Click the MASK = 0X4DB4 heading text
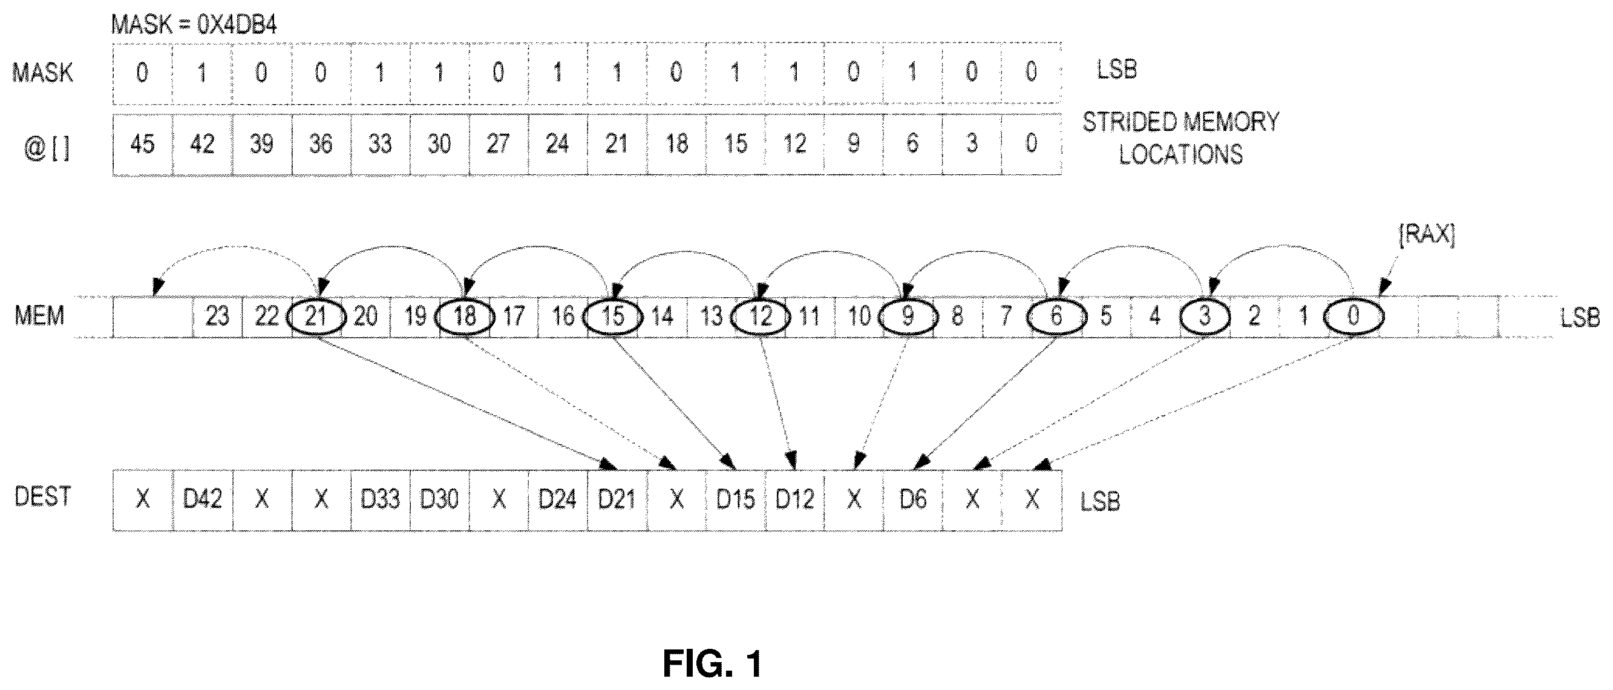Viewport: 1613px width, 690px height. [x=194, y=24]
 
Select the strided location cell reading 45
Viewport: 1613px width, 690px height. [x=143, y=144]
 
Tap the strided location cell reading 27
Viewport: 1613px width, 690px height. [x=499, y=144]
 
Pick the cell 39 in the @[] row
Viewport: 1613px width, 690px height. [x=261, y=144]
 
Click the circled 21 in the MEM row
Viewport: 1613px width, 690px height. [x=316, y=316]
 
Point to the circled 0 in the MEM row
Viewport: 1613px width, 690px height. [x=1353, y=316]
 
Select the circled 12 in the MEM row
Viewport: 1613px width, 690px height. [x=760, y=316]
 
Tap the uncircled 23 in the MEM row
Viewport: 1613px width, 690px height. [x=217, y=316]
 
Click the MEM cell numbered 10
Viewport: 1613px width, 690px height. [x=859, y=316]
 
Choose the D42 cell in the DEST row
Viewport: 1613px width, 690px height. [x=202, y=499]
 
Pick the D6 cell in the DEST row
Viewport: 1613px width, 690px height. [x=913, y=499]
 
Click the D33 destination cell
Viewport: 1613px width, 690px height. [x=380, y=499]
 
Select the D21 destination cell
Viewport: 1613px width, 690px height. [x=617, y=499]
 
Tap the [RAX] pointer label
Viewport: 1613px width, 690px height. [x=1427, y=234]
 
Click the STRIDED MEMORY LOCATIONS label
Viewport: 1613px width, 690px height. [x=1181, y=138]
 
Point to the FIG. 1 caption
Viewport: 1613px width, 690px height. [x=713, y=664]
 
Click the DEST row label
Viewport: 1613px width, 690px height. [x=42, y=496]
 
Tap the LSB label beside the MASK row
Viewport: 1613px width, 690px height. [x=1116, y=70]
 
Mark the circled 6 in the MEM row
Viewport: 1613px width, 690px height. [x=1056, y=316]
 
